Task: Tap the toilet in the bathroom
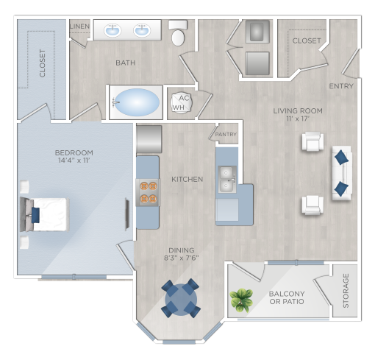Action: pos(178,34)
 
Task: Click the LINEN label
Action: pos(79,27)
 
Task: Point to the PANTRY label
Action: pos(226,135)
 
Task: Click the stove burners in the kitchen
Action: pos(148,191)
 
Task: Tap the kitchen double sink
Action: pos(226,179)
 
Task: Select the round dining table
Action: pos(180,298)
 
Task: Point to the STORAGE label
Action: pos(346,292)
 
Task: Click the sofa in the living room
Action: pos(341,172)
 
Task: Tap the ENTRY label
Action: pos(341,86)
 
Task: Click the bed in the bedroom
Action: pos(44,214)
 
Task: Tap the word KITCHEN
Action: pos(187,179)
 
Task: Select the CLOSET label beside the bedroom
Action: pos(42,63)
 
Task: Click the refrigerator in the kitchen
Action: pos(149,139)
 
